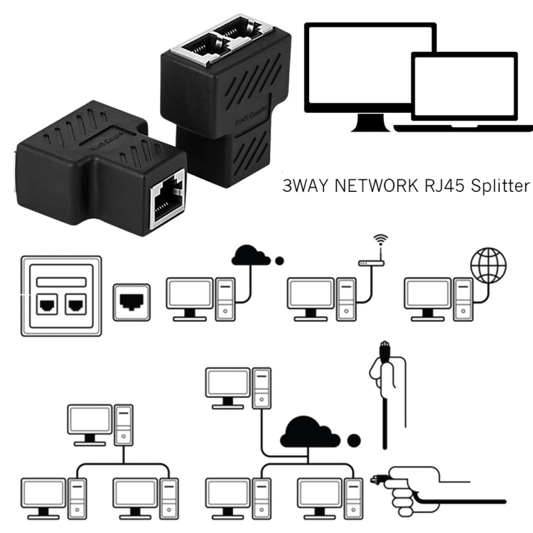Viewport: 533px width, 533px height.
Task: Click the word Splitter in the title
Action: (497, 187)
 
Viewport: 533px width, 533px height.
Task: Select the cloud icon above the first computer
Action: (251, 255)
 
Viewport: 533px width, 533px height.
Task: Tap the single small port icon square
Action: (131, 301)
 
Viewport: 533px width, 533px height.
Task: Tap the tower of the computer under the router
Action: (346, 298)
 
